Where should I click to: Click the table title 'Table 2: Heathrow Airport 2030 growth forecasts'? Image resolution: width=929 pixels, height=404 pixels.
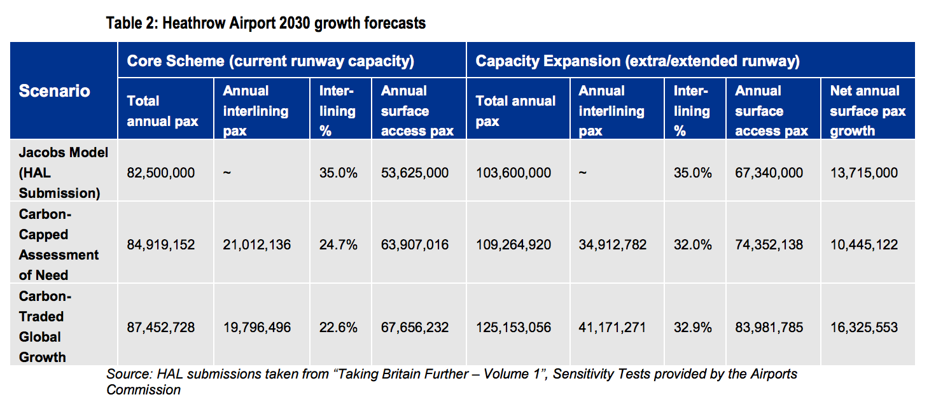point(266,24)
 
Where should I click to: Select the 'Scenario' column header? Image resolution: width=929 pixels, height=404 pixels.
point(54,91)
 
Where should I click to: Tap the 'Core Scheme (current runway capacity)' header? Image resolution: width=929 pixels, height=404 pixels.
point(270,61)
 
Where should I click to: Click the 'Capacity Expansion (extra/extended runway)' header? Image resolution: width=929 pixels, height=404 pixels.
point(637,61)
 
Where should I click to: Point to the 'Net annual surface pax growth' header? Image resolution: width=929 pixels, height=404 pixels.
point(867,111)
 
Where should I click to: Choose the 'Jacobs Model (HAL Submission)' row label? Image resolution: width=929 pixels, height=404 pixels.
point(63,172)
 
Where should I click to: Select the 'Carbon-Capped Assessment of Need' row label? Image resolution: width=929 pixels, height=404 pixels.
point(59,244)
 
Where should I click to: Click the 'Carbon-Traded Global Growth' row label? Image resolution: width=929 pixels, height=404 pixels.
point(45,326)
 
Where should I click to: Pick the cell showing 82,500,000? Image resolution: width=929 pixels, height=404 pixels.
point(161,173)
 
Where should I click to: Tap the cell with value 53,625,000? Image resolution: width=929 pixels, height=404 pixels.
point(414,173)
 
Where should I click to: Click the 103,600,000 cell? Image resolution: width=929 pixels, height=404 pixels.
point(513,173)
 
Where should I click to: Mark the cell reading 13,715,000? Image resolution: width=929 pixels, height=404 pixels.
point(863,173)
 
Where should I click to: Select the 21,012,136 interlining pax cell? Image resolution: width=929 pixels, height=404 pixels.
point(257,245)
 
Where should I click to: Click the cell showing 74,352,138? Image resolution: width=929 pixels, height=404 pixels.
point(769,245)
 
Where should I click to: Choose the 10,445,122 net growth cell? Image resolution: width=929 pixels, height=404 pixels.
point(863,245)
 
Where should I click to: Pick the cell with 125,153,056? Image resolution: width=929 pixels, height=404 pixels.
point(513,328)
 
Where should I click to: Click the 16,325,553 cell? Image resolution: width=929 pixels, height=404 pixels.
point(863,328)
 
